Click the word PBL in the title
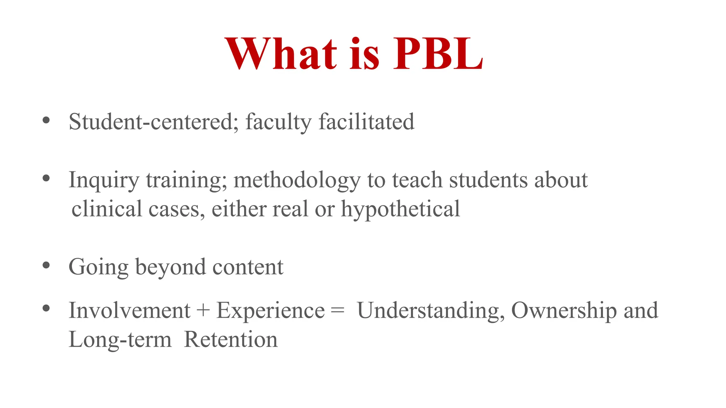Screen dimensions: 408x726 [x=438, y=54]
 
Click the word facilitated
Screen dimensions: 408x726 [x=367, y=121]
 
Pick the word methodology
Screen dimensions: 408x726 [x=297, y=180]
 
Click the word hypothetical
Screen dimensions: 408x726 [x=401, y=209]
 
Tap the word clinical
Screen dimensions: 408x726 [x=107, y=209]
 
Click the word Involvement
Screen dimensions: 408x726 [x=129, y=311]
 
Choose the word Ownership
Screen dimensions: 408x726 [x=564, y=311]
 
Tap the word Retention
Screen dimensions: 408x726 [x=231, y=340]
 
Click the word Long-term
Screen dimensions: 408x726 [x=120, y=340]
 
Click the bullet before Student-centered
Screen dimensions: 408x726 [x=46, y=120]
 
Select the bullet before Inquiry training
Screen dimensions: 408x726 [x=46, y=178]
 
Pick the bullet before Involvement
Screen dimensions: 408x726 [x=46, y=308]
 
